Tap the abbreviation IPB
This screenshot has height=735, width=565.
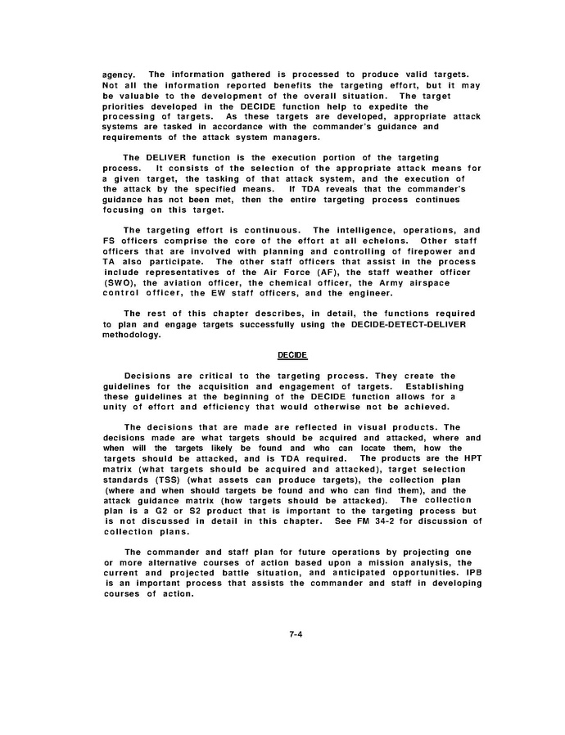pyautogui.click(x=472, y=572)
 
